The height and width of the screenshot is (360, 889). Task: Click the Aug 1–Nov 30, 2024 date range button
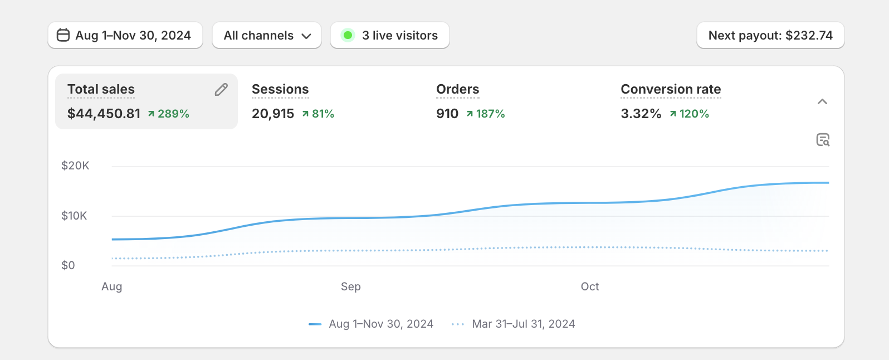click(125, 36)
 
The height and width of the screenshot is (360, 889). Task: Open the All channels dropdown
click(267, 36)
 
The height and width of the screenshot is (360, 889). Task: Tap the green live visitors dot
click(348, 36)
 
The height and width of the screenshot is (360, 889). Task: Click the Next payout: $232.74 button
click(770, 36)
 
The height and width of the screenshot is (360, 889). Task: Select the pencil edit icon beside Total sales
click(221, 90)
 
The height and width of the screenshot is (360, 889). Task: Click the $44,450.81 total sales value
click(104, 114)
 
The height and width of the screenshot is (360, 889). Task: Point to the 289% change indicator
click(169, 114)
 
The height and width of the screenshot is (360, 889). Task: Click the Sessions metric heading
click(280, 89)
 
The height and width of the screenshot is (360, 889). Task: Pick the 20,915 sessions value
click(273, 114)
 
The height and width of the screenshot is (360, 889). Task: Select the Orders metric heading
click(457, 89)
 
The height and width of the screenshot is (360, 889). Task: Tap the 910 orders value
click(447, 114)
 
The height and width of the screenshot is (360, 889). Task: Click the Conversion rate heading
click(671, 89)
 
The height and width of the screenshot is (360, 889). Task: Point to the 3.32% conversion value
click(641, 114)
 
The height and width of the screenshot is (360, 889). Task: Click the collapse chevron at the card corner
click(822, 101)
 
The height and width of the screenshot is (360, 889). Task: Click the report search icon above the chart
click(823, 140)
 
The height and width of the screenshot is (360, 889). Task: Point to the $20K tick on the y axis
click(75, 166)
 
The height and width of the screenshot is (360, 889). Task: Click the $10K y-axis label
click(74, 216)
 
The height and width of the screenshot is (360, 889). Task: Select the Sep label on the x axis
click(351, 286)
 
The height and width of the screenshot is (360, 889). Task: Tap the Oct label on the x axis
click(590, 286)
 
